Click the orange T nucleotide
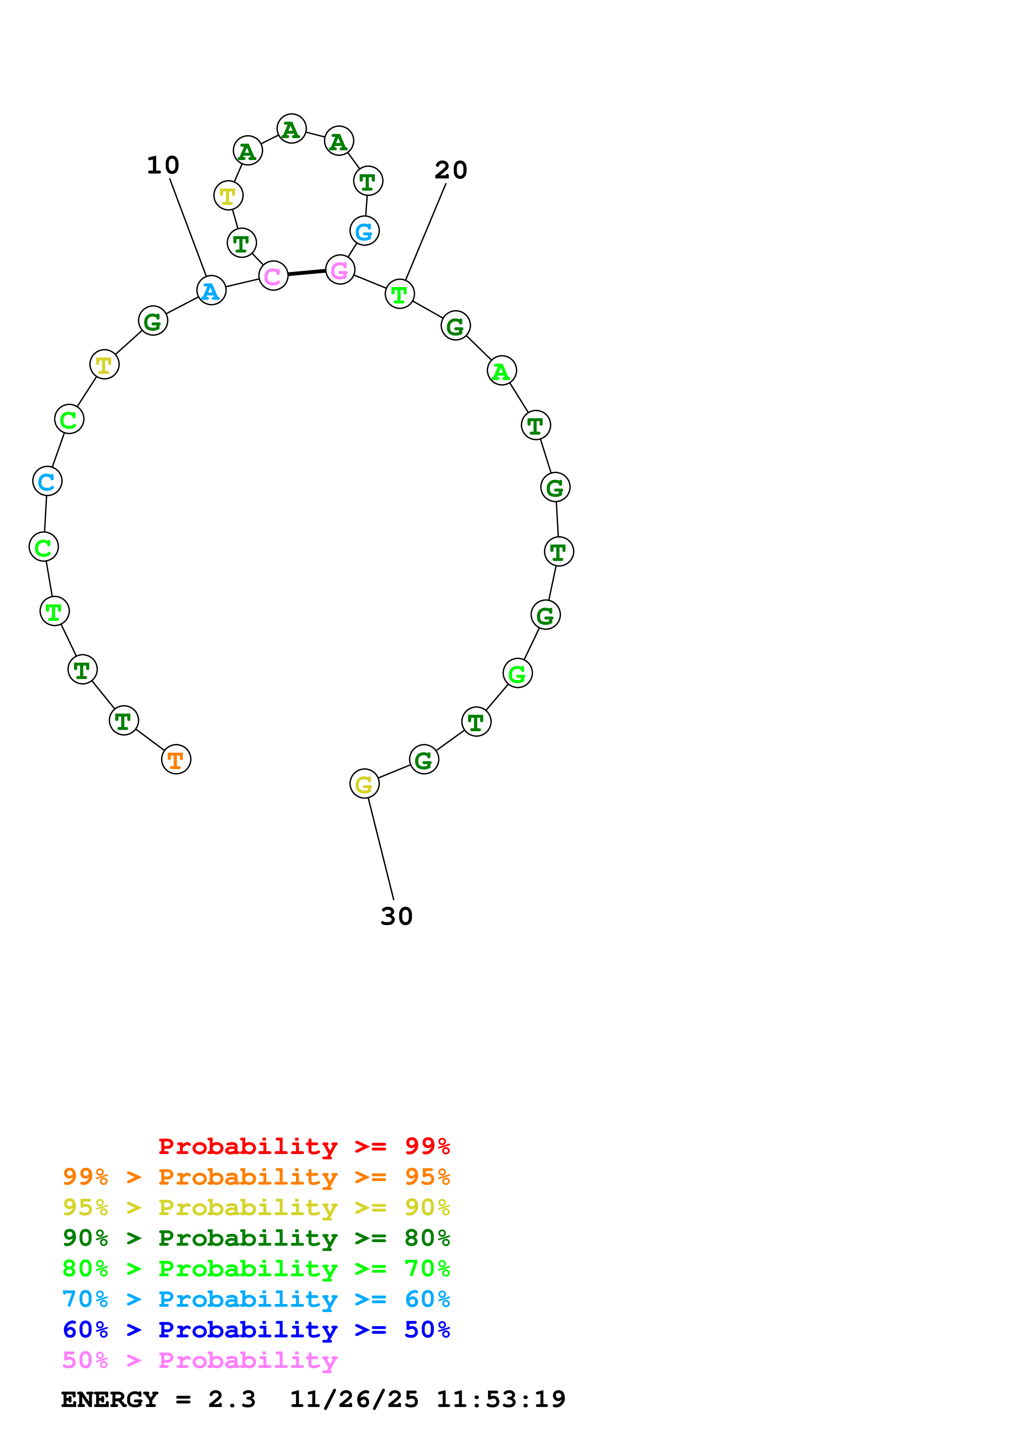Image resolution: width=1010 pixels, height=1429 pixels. click(176, 759)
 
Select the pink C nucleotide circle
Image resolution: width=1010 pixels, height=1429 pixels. click(273, 276)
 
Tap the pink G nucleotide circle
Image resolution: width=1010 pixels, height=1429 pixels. click(340, 270)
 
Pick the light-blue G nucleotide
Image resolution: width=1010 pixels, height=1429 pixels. click(364, 231)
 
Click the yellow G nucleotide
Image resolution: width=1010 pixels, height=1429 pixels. click(364, 784)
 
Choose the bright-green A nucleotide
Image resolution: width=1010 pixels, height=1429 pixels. click(502, 371)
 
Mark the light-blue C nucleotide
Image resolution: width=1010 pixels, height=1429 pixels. click(47, 481)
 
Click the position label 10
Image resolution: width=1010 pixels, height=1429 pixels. click(163, 165)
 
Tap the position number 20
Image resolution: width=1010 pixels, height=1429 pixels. click(451, 170)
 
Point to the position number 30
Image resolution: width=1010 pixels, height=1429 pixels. click(396, 916)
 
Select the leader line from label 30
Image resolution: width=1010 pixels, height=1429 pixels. click(381, 848)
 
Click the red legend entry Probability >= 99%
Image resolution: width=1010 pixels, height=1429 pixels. click(304, 1146)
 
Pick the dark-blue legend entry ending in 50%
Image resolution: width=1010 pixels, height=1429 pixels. click(256, 1330)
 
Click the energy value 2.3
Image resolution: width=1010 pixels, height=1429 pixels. click(231, 1399)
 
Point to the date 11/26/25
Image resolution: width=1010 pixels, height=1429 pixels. click(354, 1399)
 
